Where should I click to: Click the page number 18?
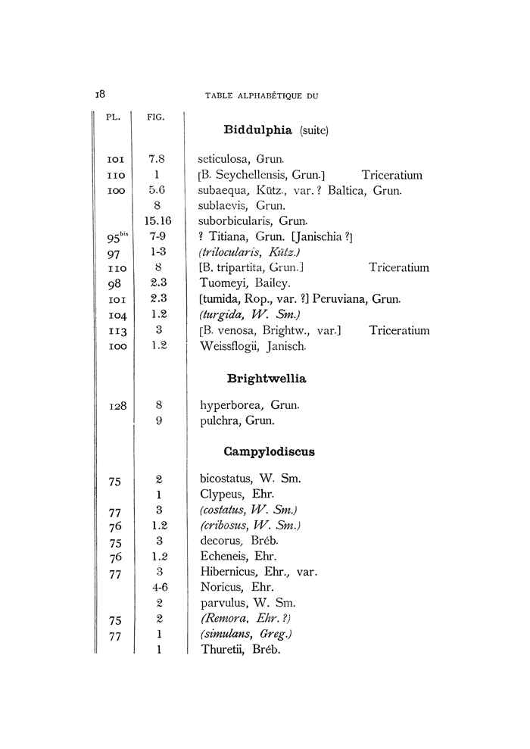coord(99,94)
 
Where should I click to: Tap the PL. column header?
coord(111,117)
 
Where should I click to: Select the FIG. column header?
coord(156,117)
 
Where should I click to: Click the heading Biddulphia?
coord(257,130)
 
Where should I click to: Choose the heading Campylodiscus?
coord(270,451)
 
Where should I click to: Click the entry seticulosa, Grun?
coord(241,159)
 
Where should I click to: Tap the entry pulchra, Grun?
coord(237,421)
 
